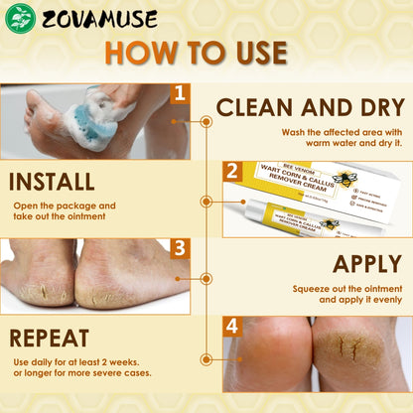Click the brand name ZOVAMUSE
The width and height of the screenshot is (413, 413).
pos(88,17)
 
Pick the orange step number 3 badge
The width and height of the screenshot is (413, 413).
pos(179,248)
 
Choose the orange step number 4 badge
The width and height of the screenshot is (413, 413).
pos(232,326)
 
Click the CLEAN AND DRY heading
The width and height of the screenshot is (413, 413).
pos(310,107)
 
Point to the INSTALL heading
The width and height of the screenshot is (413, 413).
pos(51,183)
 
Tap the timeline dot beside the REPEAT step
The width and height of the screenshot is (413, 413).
pos(206,358)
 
